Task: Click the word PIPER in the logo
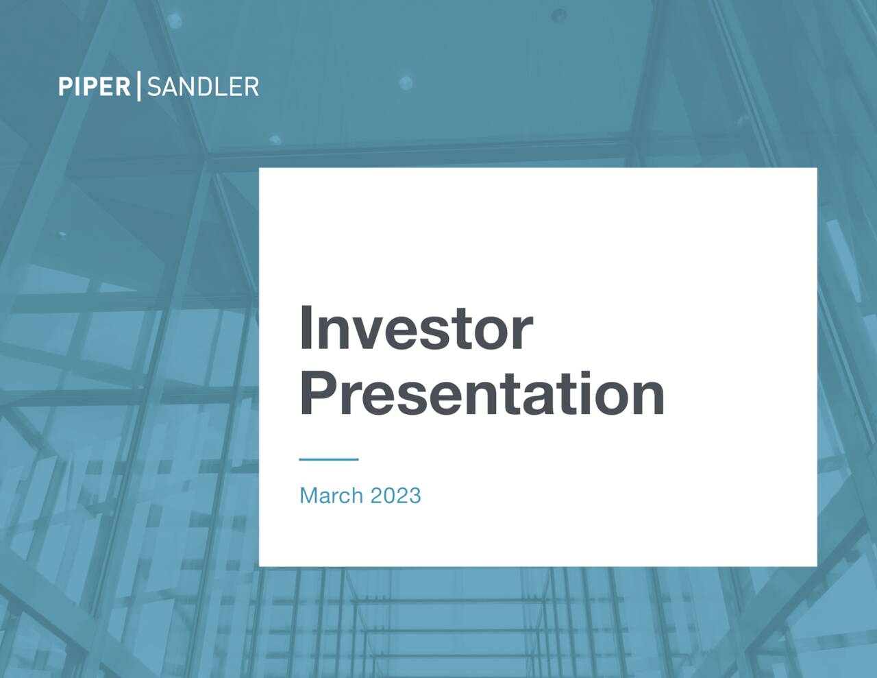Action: [x=94, y=87]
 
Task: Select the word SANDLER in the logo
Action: [x=203, y=87]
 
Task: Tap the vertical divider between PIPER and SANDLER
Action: [x=139, y=86]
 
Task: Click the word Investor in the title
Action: [x=415, y=329]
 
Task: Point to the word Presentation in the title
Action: [x=482, y=394]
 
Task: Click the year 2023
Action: [x=395, y=495]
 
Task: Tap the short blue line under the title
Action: [x=329, y=459]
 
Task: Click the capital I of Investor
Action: [x=306, y=328]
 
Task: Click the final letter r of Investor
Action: [x=523, y=334]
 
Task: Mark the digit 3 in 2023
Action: [x=415, y=495]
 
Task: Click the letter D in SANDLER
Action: [x=205, y=87]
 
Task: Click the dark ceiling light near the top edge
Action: [x=559, y=14]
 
